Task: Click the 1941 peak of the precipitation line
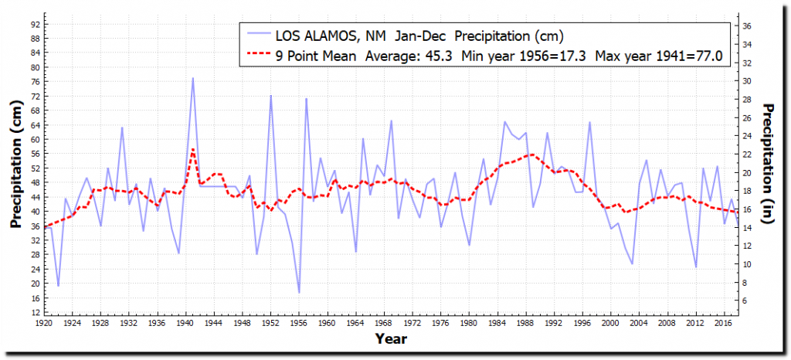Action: coord(193,78)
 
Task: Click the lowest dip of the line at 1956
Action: coord(299,293)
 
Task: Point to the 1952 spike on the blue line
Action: coord(271,96)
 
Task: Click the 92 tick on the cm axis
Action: coord(36,24)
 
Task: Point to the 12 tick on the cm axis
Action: coord(36,311)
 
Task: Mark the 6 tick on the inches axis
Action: coord(746,301)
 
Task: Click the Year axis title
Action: coord(391,338)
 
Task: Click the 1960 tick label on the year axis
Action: coord(328,322)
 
